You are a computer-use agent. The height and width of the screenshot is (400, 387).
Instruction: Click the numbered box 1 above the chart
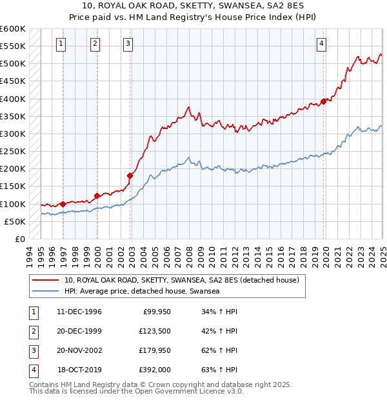[x=61, y=44]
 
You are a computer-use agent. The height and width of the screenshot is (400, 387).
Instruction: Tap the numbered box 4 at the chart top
[x=321, y=44]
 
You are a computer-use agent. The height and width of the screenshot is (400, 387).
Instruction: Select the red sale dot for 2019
[x=323, y=101]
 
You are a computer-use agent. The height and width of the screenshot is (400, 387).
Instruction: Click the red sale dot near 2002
[x=130, y=175]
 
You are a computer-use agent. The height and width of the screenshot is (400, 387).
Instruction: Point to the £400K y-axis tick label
[x=13, y=99]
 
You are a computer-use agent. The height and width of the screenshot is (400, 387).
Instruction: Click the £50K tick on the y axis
[x=15, y=221]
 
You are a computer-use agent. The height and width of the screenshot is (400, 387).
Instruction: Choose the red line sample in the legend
[x=46, y=281]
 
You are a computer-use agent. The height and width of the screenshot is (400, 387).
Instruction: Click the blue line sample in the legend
[x=46, y=292]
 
